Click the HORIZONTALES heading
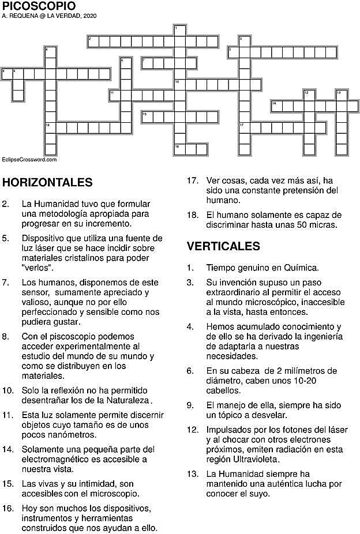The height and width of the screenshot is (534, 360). coord(48,183)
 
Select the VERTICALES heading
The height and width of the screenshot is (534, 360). coord(223,246)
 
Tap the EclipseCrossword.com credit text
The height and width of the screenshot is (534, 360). coord(29,159)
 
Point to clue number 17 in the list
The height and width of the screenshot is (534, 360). coord(193,180)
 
